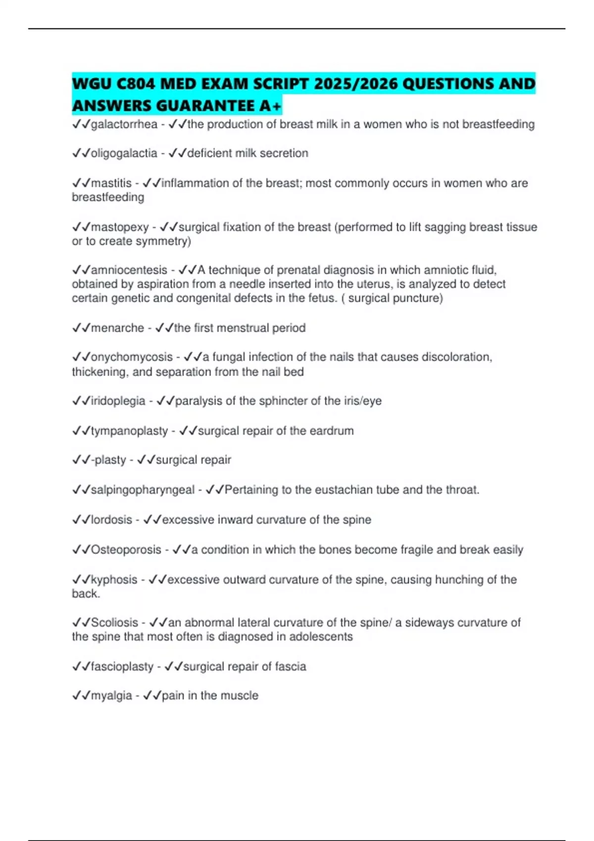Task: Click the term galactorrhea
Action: pyautogui.click(x=124, y=124)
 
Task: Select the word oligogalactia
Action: pyautogui.click(x=124, y=153)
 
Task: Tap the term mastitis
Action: pyautogui.click(x=111, y=183)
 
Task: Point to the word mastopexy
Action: pyautogui.click(x=120, y=227)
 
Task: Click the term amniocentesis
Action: pyautogui.click(x=129, y=270)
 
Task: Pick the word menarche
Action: pyautogui.click(x=117, y=328)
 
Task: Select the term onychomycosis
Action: pyautogui.click(x=132, y=357)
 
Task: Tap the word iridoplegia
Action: pyautogui.click(x=118, y=401)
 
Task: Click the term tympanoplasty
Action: pyautogui.click(x=129, y=431)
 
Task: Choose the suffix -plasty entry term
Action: pyautogui.click(x=108, y=460)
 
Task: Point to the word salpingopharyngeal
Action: pyautogui.click(x=143, y=490)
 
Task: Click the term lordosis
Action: pyautogui.click(x=111, y=520)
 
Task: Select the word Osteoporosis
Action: pyautogui.click(x=126, y=550)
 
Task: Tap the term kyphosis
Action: pyautogui.click(x=114, y=579)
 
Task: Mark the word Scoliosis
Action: pyautogui.click(x=114, y=622)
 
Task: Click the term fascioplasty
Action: pyautogui.click(x=122, y=667)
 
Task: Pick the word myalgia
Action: pyautogui.click(x=111, y=696)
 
